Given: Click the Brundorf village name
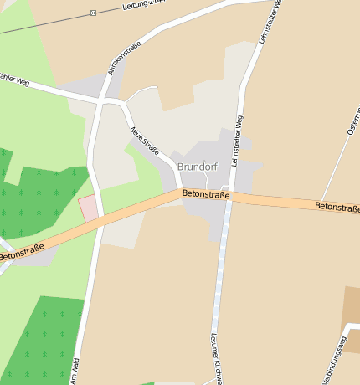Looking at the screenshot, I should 198,167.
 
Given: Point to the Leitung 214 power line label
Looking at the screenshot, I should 143,6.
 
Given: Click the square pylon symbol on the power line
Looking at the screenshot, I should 93,13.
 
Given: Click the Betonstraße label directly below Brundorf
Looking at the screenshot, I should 206,195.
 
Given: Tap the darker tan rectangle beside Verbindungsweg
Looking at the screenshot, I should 351,309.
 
